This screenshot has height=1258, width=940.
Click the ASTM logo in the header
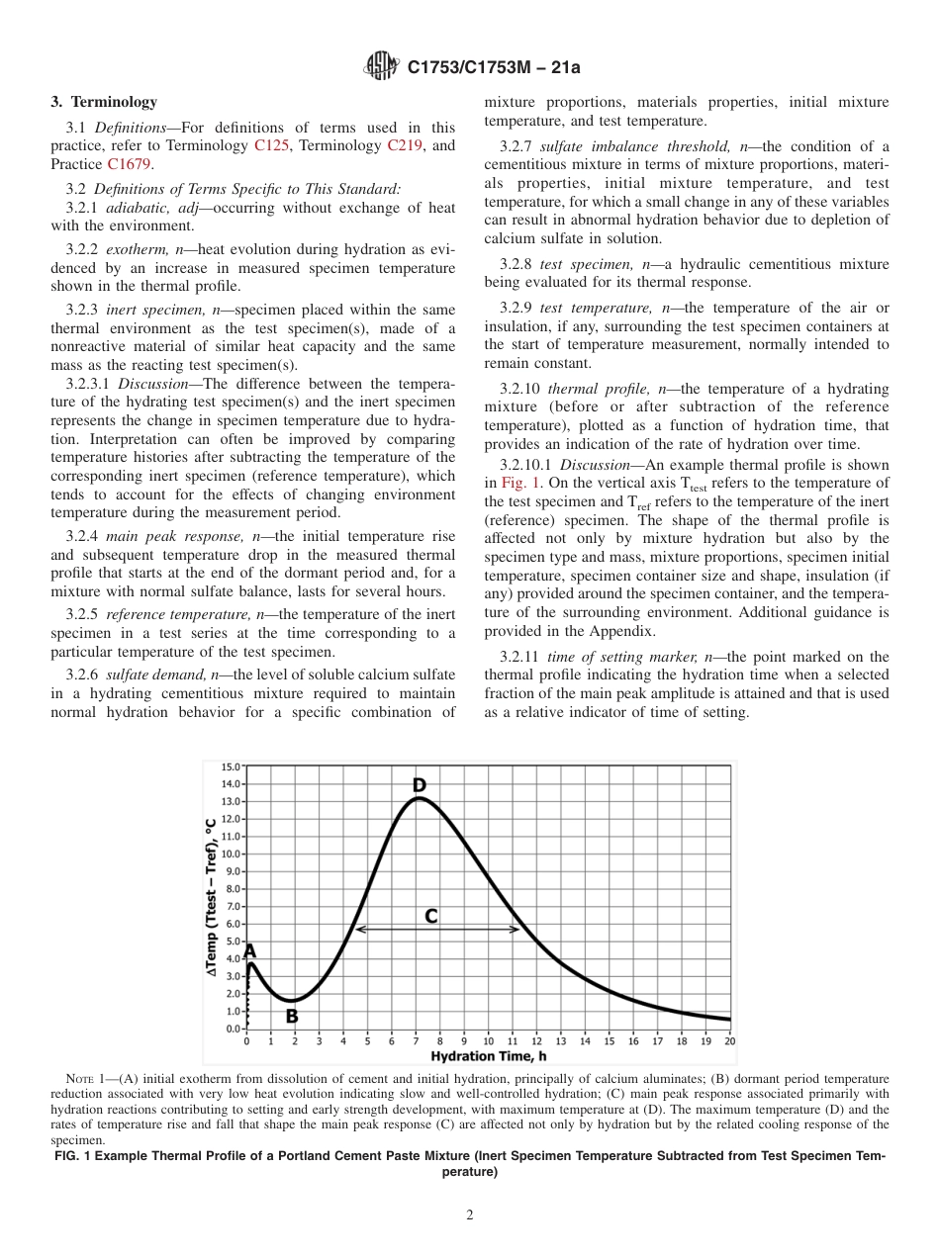click(382, 67)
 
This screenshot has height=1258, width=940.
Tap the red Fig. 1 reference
click(517, 483)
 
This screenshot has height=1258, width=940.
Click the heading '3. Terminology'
click(104, 102)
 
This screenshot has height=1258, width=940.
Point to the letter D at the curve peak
click(420, 785)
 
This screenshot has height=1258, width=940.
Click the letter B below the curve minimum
click(292, 1015)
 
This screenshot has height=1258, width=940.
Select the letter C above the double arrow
click(431, 916)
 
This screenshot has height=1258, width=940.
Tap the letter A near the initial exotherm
click(250, 950)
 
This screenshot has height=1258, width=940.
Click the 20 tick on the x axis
click(729, 1040)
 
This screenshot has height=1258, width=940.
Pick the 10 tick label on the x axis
click(488, 1040)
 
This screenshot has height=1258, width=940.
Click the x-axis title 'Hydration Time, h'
click(488, 1056)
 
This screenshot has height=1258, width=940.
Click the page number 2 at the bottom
click(470, 1215)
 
